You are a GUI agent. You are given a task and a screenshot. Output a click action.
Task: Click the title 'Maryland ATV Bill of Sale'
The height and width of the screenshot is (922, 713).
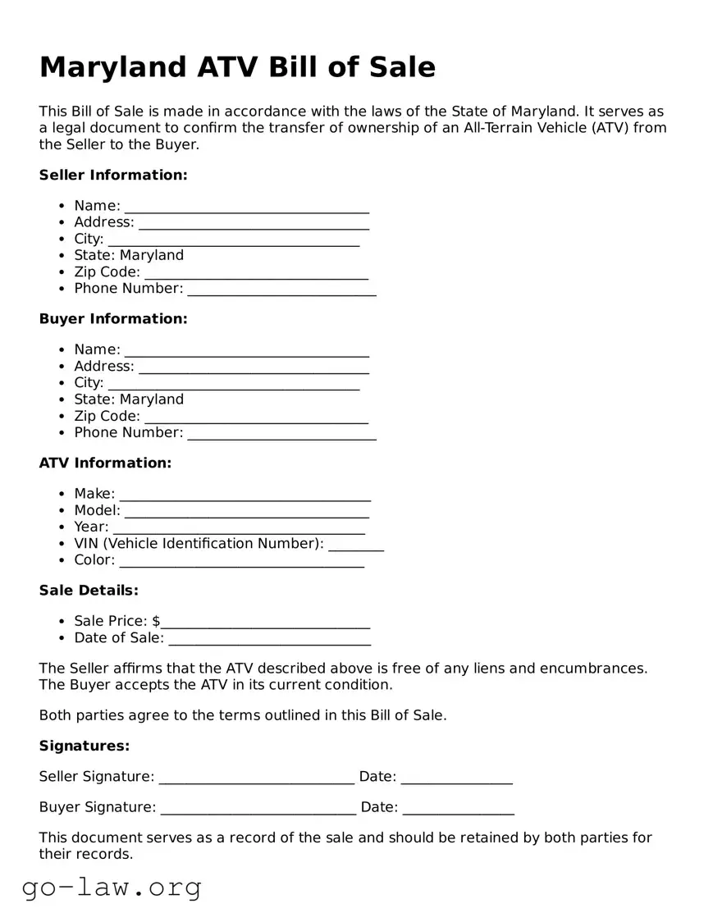[x=237, y=67]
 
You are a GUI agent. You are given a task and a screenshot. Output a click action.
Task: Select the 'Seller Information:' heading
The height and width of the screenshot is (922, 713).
[x=113, y=175]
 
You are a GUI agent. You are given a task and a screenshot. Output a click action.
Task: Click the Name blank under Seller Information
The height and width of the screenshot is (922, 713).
[x=246, y=207]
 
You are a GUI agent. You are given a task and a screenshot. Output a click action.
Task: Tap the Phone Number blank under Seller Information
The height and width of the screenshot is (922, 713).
[x=281, y=290]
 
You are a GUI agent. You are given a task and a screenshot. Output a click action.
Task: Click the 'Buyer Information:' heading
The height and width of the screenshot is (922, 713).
[x=113, y=318]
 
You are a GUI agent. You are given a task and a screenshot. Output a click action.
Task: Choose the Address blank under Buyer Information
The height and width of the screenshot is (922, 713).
[x=254, y=367]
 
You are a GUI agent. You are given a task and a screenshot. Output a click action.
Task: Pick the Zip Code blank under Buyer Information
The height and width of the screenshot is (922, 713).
[x=256, y=417]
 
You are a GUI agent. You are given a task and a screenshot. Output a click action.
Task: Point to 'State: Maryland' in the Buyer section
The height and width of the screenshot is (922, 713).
[x=129, y=399]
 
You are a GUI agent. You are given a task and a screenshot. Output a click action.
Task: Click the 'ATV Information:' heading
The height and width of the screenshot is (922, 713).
[x=105, y=463]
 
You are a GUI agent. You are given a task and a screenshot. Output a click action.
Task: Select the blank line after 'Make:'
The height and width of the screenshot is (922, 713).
[x=245, y=495]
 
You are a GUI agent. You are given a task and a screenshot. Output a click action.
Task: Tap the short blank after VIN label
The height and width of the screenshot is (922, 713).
[x=356, y=545]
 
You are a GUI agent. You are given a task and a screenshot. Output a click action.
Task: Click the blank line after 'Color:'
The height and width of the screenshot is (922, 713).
[x=241, y=561]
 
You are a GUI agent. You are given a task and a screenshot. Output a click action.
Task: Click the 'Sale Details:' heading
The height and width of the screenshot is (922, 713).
[x=89, y=590]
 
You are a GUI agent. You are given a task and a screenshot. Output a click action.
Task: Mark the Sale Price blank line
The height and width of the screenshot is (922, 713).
[x=265, y=623]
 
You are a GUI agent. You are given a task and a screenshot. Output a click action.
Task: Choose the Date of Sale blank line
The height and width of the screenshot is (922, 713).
[x=269, y=639]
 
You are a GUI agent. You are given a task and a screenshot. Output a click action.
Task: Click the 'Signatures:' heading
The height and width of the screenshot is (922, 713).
[x=85, y=746]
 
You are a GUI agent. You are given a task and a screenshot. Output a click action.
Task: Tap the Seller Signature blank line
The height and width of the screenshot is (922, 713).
[x=256, y=778]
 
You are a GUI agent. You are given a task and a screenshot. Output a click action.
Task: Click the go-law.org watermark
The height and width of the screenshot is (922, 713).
[x=112, y=887]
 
